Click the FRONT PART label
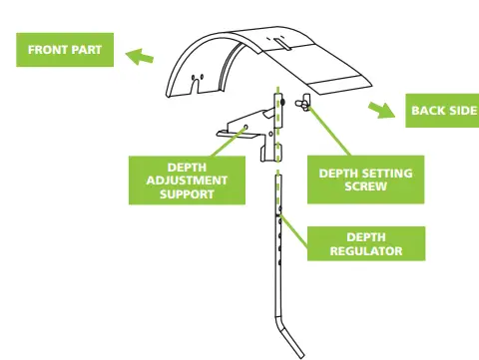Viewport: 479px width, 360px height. pyautogui.click(x=62, y=50)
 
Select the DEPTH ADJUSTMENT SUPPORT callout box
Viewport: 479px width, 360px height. pyautogui.click(x=187, y=180)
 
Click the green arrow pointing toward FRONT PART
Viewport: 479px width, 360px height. pyautogui.click(x=140, y=57)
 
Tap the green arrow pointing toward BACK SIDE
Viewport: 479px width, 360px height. pyautogui.click(x=379, y=108)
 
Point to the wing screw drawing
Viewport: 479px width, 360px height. pyautogui.click(x=301, y=102)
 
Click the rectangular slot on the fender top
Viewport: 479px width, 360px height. pyautogui.click(x=282, y=41)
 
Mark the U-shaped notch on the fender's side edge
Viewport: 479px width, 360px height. pyautogui.click(x=202, y=78)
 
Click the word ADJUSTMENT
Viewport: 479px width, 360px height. pyautogui.click(x=187, y=180)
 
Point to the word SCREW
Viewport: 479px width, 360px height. pyautogui.click(x=364, y=186)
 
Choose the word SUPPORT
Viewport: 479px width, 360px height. pyautogui.click(x=187, y=193)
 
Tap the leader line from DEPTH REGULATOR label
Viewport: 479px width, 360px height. pyautogui.click(x=294, y=224)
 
